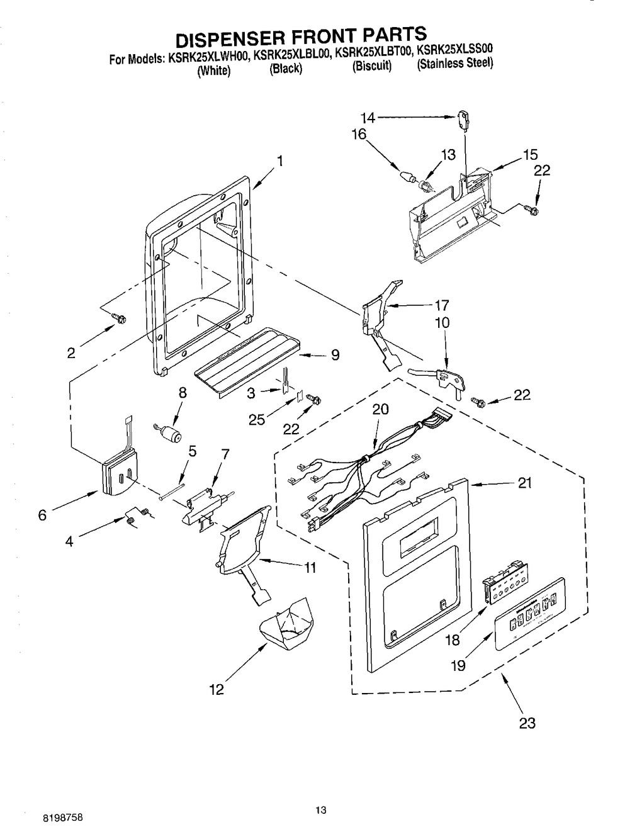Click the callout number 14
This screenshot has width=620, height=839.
368,116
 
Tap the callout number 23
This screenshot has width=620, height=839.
527,723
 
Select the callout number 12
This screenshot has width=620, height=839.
216,690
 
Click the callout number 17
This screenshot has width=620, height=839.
441,306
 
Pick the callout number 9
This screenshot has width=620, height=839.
335,355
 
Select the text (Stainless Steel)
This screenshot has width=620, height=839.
455,64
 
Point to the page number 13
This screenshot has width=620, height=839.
322,811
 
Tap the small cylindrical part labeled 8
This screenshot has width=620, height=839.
169,432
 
